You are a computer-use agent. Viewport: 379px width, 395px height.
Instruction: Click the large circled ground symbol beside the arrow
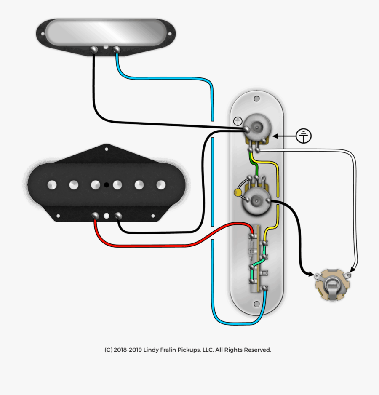pyautogui.click(x=304, y=136)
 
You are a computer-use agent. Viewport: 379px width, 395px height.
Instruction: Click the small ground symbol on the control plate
pyautogui.click(x=238, y=121)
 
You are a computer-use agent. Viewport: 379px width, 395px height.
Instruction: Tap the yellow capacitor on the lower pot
pyautogui.click(x=238, y=193)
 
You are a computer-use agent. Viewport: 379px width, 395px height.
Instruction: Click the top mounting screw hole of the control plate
pyautogui.click(x=256, y=99)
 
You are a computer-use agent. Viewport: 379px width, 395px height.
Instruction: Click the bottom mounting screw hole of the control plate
pyautogui.click(x=256, y=303)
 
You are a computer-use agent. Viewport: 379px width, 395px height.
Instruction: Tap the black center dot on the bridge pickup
pyautogui.click(x=107, y=184)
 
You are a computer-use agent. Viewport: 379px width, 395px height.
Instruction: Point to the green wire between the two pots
pyautogui.click(x=252, y=162)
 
